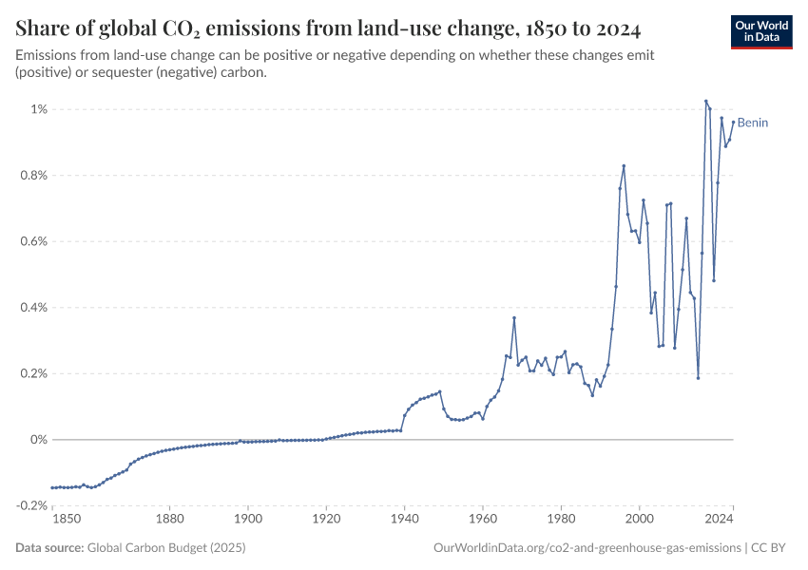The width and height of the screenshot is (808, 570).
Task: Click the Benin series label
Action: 753,123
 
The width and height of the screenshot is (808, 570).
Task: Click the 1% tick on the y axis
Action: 37,109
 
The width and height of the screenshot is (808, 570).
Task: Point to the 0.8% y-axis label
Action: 31,176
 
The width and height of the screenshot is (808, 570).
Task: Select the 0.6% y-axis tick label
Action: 31,241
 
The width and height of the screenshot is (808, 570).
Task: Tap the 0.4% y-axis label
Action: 31,308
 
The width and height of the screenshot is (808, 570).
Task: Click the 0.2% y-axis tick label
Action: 31,373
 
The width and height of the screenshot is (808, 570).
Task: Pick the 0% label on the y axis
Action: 37,440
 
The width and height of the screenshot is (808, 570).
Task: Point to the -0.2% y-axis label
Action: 29,505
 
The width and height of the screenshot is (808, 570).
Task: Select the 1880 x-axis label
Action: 169,519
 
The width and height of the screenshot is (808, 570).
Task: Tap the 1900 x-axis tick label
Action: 248,519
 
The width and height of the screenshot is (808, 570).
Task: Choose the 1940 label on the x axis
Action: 405,519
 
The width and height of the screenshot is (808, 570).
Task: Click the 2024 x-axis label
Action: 720,519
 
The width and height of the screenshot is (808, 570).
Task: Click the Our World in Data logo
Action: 760,31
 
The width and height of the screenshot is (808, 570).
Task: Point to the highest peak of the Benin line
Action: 706,101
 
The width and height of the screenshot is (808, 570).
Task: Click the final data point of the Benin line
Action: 733,121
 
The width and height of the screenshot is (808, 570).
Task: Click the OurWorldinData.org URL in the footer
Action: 587,548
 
